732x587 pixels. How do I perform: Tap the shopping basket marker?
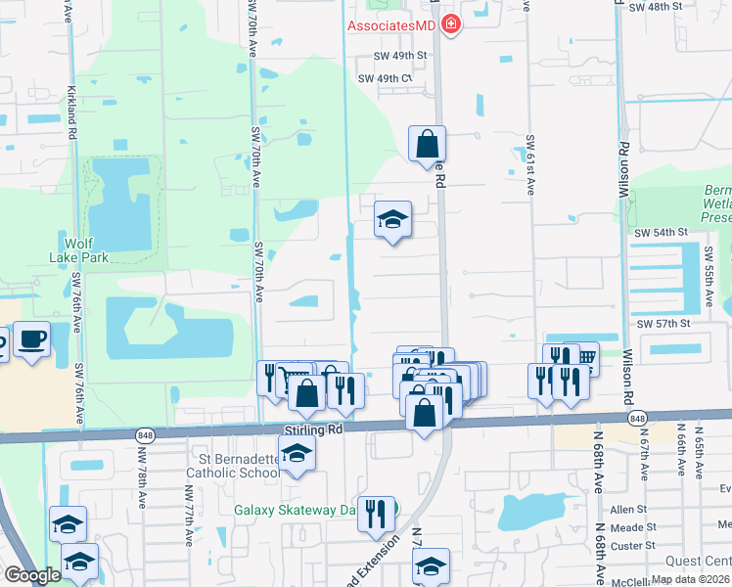[x=585, y=357]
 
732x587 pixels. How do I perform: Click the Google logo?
[x=32, y=575]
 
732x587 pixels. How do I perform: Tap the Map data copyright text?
[x=690, y=579]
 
